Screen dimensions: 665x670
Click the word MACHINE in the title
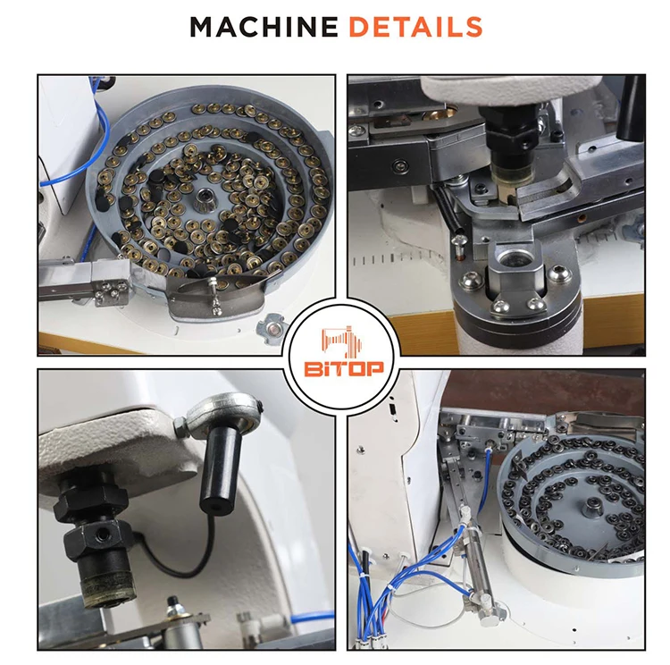tap(264, 27)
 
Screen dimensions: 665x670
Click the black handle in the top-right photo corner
tap(632, 100)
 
